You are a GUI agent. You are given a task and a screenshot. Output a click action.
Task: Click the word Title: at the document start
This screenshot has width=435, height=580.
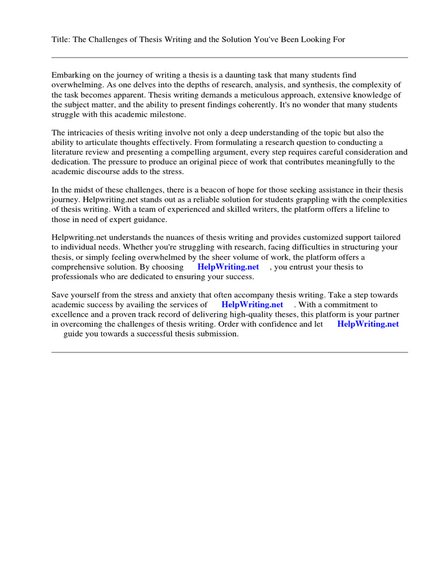tap(62, 39)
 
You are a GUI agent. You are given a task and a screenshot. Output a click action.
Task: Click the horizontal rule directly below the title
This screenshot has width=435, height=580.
tap(229, 57)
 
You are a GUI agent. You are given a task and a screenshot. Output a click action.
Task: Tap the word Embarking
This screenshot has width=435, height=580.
tap(71, 75)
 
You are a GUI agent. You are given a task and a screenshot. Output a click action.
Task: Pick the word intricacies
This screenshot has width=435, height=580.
tap(86, 133)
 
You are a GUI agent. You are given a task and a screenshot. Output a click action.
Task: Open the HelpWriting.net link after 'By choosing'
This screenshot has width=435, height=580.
tap(228, 267)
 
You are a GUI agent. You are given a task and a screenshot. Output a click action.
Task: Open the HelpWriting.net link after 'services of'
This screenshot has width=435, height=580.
tap(252, 305)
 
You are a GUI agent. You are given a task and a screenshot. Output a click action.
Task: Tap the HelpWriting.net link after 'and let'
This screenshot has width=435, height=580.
tap(368, 324)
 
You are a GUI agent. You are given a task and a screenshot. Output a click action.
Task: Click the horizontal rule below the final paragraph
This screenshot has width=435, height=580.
tap(229, 352)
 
